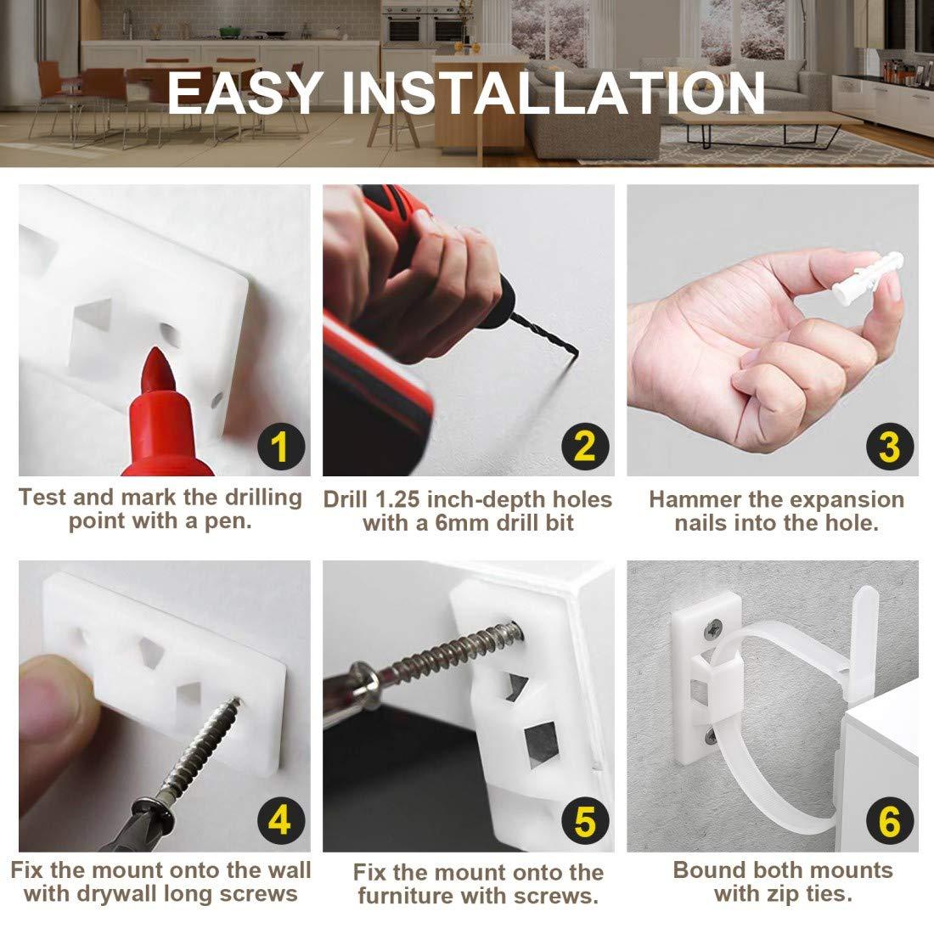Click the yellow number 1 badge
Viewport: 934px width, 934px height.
pos(280,447)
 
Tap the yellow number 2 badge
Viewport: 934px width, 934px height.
pos(583,447)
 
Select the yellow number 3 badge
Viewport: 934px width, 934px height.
pos(888,447)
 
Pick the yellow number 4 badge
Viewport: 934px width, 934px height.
pos(280,822)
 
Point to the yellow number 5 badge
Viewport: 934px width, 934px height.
pos(583,822)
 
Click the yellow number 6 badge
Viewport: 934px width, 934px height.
pos(888,822)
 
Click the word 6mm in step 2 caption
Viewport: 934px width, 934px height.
pos(460,523)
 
